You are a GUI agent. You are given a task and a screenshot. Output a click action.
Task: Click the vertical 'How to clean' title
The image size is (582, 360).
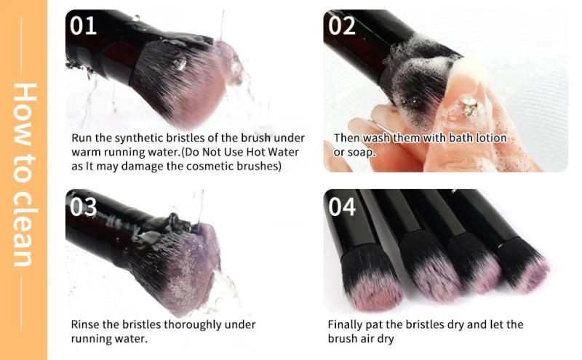pos(24,175)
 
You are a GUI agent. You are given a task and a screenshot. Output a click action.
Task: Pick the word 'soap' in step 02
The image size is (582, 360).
pos(359,152)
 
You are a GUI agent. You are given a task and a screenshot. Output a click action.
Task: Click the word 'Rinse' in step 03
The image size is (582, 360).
pos(85,324)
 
